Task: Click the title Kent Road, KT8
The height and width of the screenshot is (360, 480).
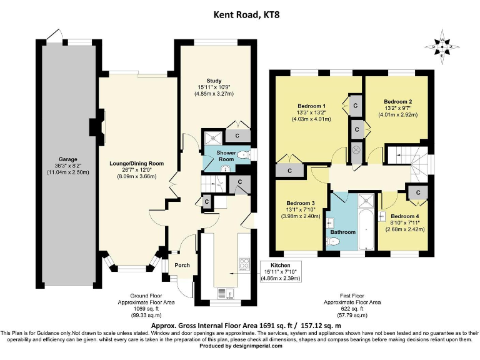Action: [x=246, y=15]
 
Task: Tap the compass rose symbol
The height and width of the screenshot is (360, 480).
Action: [x=442, y=47]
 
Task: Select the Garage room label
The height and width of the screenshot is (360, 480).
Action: [x=68, y=159]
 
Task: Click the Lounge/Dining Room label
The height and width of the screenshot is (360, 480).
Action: [x=136, y=164]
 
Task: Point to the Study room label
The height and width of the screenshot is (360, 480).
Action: [x=214, y=81]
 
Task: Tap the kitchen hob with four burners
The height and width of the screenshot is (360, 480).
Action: [x=244, y=264]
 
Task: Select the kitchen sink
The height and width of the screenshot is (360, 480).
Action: [x=226, y=294]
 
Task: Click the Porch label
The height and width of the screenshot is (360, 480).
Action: [x=182, y=265]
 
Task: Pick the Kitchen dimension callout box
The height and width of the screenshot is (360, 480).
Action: [x=281, y=271]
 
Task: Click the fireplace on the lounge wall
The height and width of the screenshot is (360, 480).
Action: [x=97, y=127]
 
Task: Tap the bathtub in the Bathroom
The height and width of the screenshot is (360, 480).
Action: [x=366, y=229]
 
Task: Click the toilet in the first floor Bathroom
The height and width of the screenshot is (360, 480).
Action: [x=333, y=242]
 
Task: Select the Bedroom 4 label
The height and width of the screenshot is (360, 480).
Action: [x=405, y=216]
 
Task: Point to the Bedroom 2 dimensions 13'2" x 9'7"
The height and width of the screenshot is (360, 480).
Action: [x=398, y=108]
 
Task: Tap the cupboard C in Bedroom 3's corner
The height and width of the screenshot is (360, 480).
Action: [x=290, y=171]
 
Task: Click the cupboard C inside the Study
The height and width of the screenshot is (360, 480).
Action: [x=237, y=136]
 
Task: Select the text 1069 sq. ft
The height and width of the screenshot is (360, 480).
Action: [x=146, y=309]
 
